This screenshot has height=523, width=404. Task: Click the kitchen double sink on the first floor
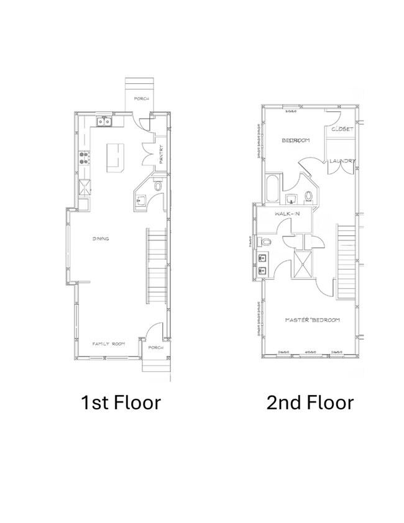click(x=104, y=122)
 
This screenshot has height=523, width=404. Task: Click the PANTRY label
click(x=160, y=154)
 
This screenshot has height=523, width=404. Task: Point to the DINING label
click(x=101, y=239)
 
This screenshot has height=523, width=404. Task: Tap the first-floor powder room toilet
click(x=157, y=185)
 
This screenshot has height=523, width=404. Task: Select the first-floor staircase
click(x=157, y=266)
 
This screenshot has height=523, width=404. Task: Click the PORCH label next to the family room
click(x=155, y=348)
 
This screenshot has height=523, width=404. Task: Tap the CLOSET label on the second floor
click(x=342, y=129)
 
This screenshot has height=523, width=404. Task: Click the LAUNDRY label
click(x=342, y=161)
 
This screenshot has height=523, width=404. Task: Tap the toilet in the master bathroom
click(x=267, y=241)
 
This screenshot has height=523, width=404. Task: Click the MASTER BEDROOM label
click(x=312, y=320)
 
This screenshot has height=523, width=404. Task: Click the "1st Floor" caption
click(x=121, y=402)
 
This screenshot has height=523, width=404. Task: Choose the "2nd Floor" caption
click(x=310, y=402)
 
